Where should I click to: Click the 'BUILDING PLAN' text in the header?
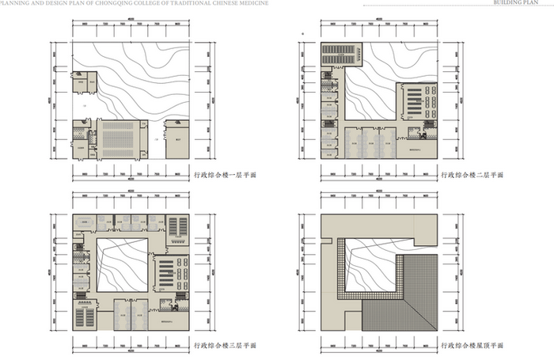pos(520,3)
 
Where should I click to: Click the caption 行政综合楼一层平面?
pos(225,174)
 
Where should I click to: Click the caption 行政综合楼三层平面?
pos(225,346)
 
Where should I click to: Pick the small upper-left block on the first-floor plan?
pos(85,84)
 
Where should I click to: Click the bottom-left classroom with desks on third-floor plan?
pos(84,315)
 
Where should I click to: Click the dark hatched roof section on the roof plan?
pos(404,297)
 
